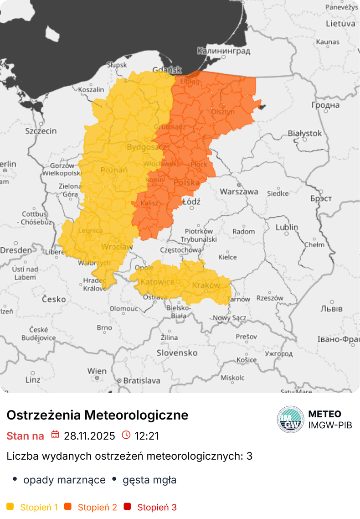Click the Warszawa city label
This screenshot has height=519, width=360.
[239, 192]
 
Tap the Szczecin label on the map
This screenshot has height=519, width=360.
[41, 131]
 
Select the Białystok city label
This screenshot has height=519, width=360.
[304, 134]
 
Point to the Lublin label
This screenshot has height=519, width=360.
[287, 227]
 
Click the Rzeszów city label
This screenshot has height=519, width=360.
[270, 298]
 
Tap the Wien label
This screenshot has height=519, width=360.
[97, 371]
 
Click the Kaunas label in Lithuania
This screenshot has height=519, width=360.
[328, 42]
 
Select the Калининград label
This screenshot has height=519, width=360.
[223, 51]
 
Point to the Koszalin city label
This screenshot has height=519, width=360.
[91, 90]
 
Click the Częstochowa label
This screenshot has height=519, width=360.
[180, 250]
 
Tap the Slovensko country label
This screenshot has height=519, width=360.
[177, 353]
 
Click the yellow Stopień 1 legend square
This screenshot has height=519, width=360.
[10, 507]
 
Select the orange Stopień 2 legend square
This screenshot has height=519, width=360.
[68, 507]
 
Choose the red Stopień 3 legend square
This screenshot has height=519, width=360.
[127, 507]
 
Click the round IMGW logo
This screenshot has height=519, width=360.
[290, 419]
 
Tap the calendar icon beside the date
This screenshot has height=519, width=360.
[55, 435]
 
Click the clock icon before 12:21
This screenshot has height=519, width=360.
[126, 435]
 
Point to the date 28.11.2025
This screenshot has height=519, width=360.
[89, 436]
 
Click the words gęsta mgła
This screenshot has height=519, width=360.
[149, 480]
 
